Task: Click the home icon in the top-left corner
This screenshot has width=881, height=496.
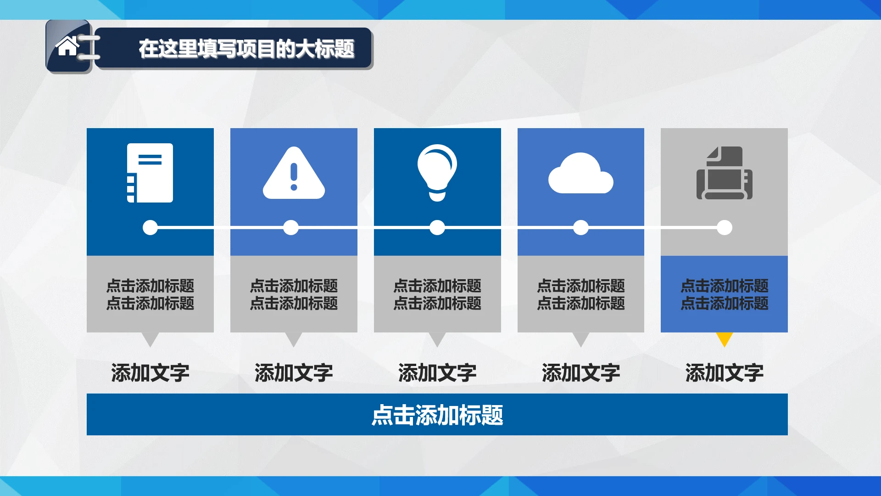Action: [67, 46]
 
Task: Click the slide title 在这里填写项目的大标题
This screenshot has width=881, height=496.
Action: [246, 49]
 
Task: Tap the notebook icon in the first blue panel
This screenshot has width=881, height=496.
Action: [150, 173]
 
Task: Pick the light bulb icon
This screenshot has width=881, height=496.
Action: [437, 172]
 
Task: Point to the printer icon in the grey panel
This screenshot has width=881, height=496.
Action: [724, 173]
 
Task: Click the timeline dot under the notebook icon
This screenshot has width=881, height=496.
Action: [150, 227]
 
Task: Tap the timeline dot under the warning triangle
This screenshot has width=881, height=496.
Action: [291, 227]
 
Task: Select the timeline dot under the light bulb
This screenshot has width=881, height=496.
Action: [437, 227]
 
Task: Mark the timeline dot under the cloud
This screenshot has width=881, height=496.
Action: [581, 227]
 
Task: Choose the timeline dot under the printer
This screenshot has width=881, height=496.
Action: [725, 227]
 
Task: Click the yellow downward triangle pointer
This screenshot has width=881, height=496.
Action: [724, 339]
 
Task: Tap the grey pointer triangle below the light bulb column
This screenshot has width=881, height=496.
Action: [437, 338]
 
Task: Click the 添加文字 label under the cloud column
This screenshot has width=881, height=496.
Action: [581, 372]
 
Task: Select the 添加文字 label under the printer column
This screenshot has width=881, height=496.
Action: [725, 372]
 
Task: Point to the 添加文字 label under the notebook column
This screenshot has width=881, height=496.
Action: [150, 372]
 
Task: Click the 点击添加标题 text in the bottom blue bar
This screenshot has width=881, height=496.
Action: [437, 415]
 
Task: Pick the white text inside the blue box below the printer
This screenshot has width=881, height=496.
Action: [724, 294]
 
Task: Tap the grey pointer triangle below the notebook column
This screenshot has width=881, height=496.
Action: [150, 338]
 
